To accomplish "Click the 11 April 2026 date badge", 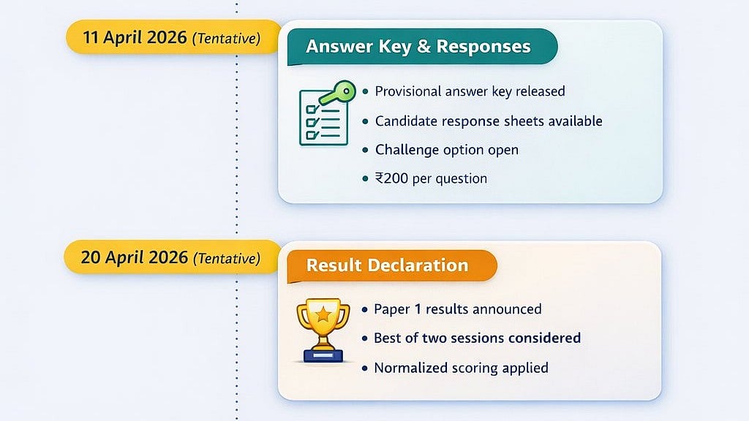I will coord(173,37).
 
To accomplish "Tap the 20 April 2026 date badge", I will coord(171,258).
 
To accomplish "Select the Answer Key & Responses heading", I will coord(418,47).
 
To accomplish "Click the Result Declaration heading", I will coord(387,265).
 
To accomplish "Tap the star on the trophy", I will coord(323,314).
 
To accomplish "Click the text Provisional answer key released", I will coord(470,91).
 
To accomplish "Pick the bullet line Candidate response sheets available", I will coord(489,121).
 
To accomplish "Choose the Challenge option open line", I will coord(446,150).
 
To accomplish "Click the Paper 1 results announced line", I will coord(457,309).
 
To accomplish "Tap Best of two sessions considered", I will coord(477,338).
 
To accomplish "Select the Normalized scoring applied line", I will coord(461,368).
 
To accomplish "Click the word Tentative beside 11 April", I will coord(226,39).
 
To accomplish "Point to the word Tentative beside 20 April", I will coord(226,259).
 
